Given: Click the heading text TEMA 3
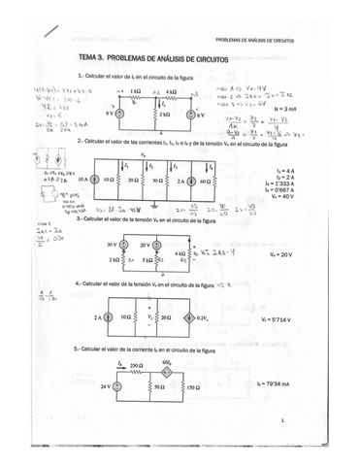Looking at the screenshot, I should click(x=91, y=58).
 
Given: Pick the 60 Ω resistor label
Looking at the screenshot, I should click(x=205, y=180).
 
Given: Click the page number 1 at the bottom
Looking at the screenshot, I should click(x=280, y=420).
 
